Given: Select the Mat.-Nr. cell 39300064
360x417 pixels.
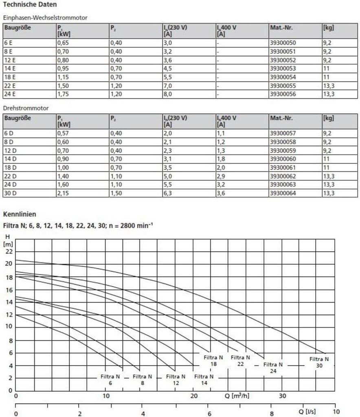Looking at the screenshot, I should (283, 193).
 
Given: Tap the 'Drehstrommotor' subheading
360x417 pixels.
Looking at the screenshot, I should (26, 108).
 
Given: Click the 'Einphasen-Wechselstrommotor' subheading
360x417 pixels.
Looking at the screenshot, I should (45, 18).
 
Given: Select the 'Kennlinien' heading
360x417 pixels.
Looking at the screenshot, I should (20, 214).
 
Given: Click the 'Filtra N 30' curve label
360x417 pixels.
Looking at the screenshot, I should (319, 362).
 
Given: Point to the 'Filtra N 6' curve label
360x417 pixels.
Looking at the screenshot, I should (110, 380).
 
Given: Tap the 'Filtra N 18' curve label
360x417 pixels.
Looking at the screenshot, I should (213, 360).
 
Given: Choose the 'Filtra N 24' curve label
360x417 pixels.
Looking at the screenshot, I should (273, 368).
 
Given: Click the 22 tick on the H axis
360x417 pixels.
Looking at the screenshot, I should (9, 252).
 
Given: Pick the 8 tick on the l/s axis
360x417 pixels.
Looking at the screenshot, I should (272, 414).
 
